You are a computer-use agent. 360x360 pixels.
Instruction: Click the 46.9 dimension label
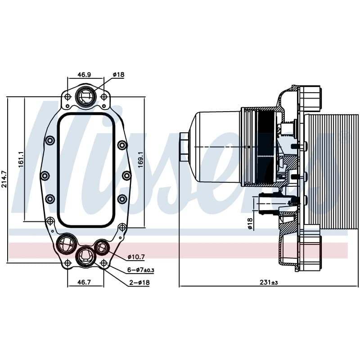[84, 74]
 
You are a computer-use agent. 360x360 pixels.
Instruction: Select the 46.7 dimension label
[84, 282]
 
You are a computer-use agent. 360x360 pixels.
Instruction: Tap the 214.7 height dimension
[4, 180]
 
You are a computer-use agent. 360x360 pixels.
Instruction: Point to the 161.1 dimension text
[21, 159]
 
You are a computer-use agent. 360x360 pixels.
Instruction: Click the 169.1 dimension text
[140, 159]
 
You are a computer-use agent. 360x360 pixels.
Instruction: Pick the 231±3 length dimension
[269, 282]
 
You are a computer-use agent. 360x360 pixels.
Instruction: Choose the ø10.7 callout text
[136, 257]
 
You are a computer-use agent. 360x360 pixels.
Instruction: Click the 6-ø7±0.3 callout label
[141, 270]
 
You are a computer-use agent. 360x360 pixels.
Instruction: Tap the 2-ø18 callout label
[139, 283]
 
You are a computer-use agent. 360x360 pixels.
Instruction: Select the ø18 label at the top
[118, 74]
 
